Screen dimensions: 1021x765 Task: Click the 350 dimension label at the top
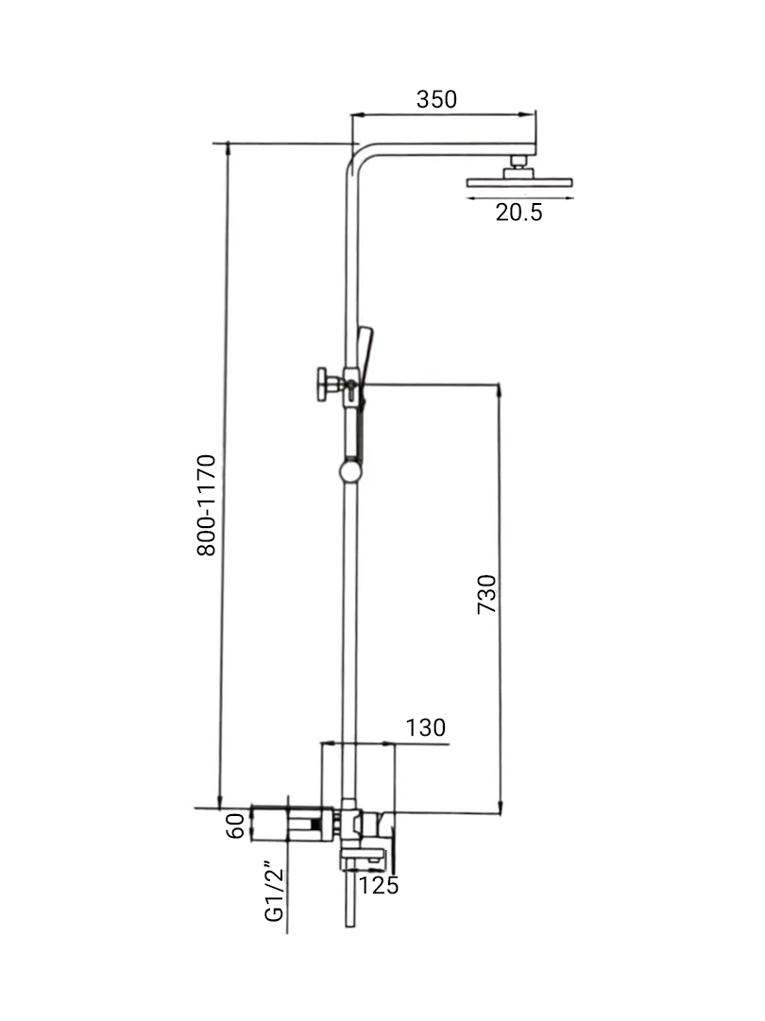coord(436,99)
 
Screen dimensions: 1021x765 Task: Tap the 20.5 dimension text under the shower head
coord(519,213)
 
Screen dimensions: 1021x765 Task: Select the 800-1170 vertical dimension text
coord(207,504)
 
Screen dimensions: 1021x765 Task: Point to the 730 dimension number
coord(485,594)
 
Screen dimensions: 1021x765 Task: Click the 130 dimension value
coord(425,727)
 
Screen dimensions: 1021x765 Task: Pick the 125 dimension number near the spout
coord(380,885)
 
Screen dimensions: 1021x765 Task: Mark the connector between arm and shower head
coord(518,162)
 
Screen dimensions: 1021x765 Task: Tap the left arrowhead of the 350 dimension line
coord(354,115)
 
